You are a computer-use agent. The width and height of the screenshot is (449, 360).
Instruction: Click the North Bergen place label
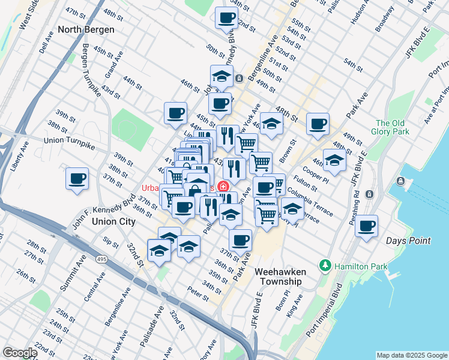point(86,29)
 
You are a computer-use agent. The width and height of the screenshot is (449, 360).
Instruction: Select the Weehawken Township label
point(280,276)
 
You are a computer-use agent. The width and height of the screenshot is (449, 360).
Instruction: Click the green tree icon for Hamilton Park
point(325,265)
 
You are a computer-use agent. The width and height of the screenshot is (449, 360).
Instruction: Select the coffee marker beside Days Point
point(366,227)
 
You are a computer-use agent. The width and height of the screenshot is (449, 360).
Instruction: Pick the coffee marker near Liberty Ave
point(77,179)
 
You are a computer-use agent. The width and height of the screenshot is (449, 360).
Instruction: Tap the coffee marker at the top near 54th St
point(226,18)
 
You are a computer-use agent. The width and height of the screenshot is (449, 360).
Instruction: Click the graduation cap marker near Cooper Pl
point(334,160)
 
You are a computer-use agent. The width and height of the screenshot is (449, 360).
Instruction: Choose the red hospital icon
point(224,187)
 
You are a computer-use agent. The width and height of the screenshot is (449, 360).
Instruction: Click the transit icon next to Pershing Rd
point(369,194)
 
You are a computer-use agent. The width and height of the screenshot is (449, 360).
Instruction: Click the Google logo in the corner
point(20,353)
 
